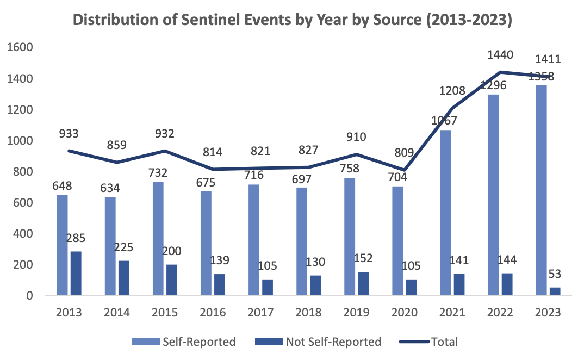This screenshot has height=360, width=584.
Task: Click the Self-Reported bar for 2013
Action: (63, 245)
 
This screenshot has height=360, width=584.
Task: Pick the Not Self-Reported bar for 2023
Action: (554, 291)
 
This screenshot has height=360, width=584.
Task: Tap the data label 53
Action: (555, 273)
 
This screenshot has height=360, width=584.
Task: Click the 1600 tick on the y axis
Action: (20, 48)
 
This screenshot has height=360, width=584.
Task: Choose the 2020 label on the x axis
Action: (404, 313)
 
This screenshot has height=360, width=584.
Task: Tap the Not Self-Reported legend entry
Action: (318, 342)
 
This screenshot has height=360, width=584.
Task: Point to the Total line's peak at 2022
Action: (500, 72)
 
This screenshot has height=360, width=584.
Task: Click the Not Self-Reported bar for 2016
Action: (219, 285)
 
